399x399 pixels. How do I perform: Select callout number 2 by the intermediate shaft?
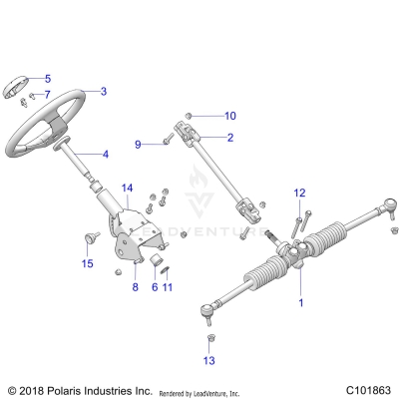pos(230,137)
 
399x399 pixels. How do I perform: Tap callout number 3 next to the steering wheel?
pos(103,91)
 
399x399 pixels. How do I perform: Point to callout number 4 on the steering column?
pos(104,155)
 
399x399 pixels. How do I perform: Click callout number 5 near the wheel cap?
pos(47,78)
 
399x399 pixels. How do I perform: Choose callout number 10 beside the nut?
pos(230,115)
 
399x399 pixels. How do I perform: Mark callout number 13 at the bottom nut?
pos(208,359)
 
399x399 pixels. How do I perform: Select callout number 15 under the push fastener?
pos(87,264)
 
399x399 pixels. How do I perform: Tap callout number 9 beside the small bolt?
pos(138,145)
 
